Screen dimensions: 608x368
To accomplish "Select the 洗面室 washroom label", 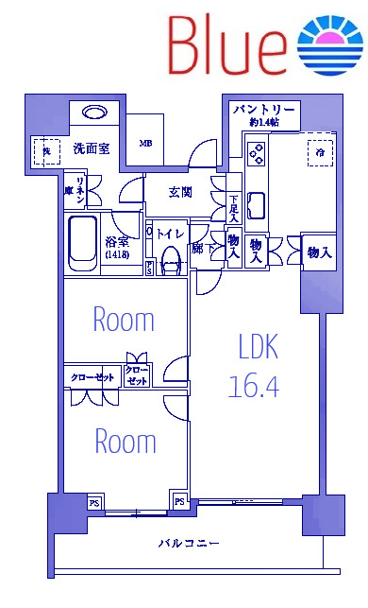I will [x=91, y=148].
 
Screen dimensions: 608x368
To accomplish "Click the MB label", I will [x=145, y=144].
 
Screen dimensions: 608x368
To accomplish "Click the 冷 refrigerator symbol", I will [x=321, y=151].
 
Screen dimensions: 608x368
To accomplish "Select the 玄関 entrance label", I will [x=180, y=194].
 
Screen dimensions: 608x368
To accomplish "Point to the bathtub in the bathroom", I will [x=83, y=242].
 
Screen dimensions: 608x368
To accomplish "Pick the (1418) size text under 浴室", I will [x=117, y=255].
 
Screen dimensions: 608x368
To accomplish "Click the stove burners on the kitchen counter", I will [x=256, y=151].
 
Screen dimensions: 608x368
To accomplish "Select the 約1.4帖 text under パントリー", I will [x=265, y=124].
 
